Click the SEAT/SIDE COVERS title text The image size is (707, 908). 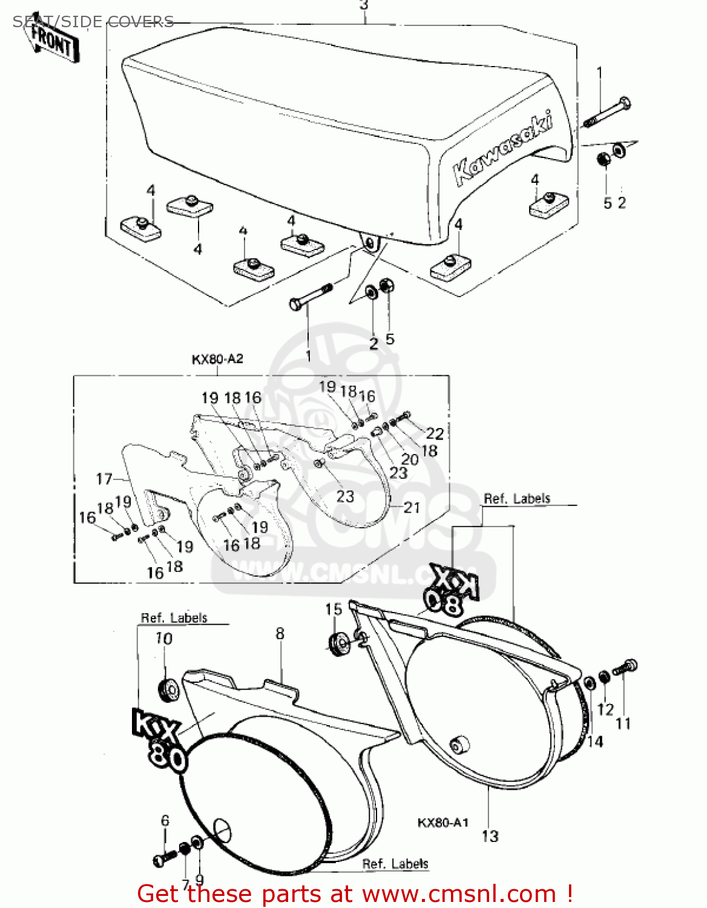point(94,22)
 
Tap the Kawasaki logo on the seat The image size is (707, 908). point(502,148)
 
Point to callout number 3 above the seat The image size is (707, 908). point(363,6)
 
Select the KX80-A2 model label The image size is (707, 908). point(217,359)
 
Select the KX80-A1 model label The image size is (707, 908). point(443,823)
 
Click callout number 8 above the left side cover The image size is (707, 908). point(280,634)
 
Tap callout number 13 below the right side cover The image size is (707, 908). point(490,836)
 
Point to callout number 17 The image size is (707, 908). point(104,479)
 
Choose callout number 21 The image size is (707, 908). point(412,507)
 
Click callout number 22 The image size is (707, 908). point(435,433)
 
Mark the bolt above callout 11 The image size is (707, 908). point(625,668)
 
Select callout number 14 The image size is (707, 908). point(595,741)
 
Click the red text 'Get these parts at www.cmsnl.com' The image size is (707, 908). point(355,893)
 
